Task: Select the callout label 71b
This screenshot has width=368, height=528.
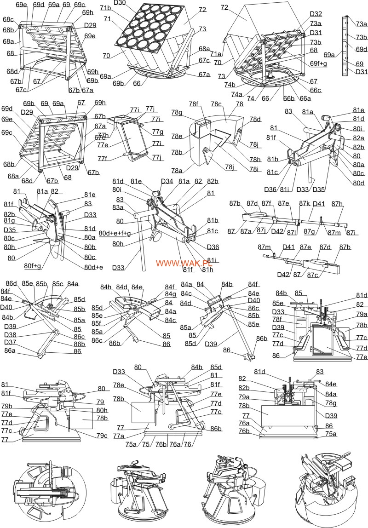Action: (x=105, y=8)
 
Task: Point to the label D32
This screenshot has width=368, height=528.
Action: (x=316, y=14)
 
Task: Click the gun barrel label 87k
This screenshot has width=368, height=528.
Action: (x=305, y=203)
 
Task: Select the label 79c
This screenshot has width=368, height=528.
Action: (x=102, y=436)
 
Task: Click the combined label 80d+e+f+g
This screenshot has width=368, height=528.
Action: (x=115, y=233)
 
